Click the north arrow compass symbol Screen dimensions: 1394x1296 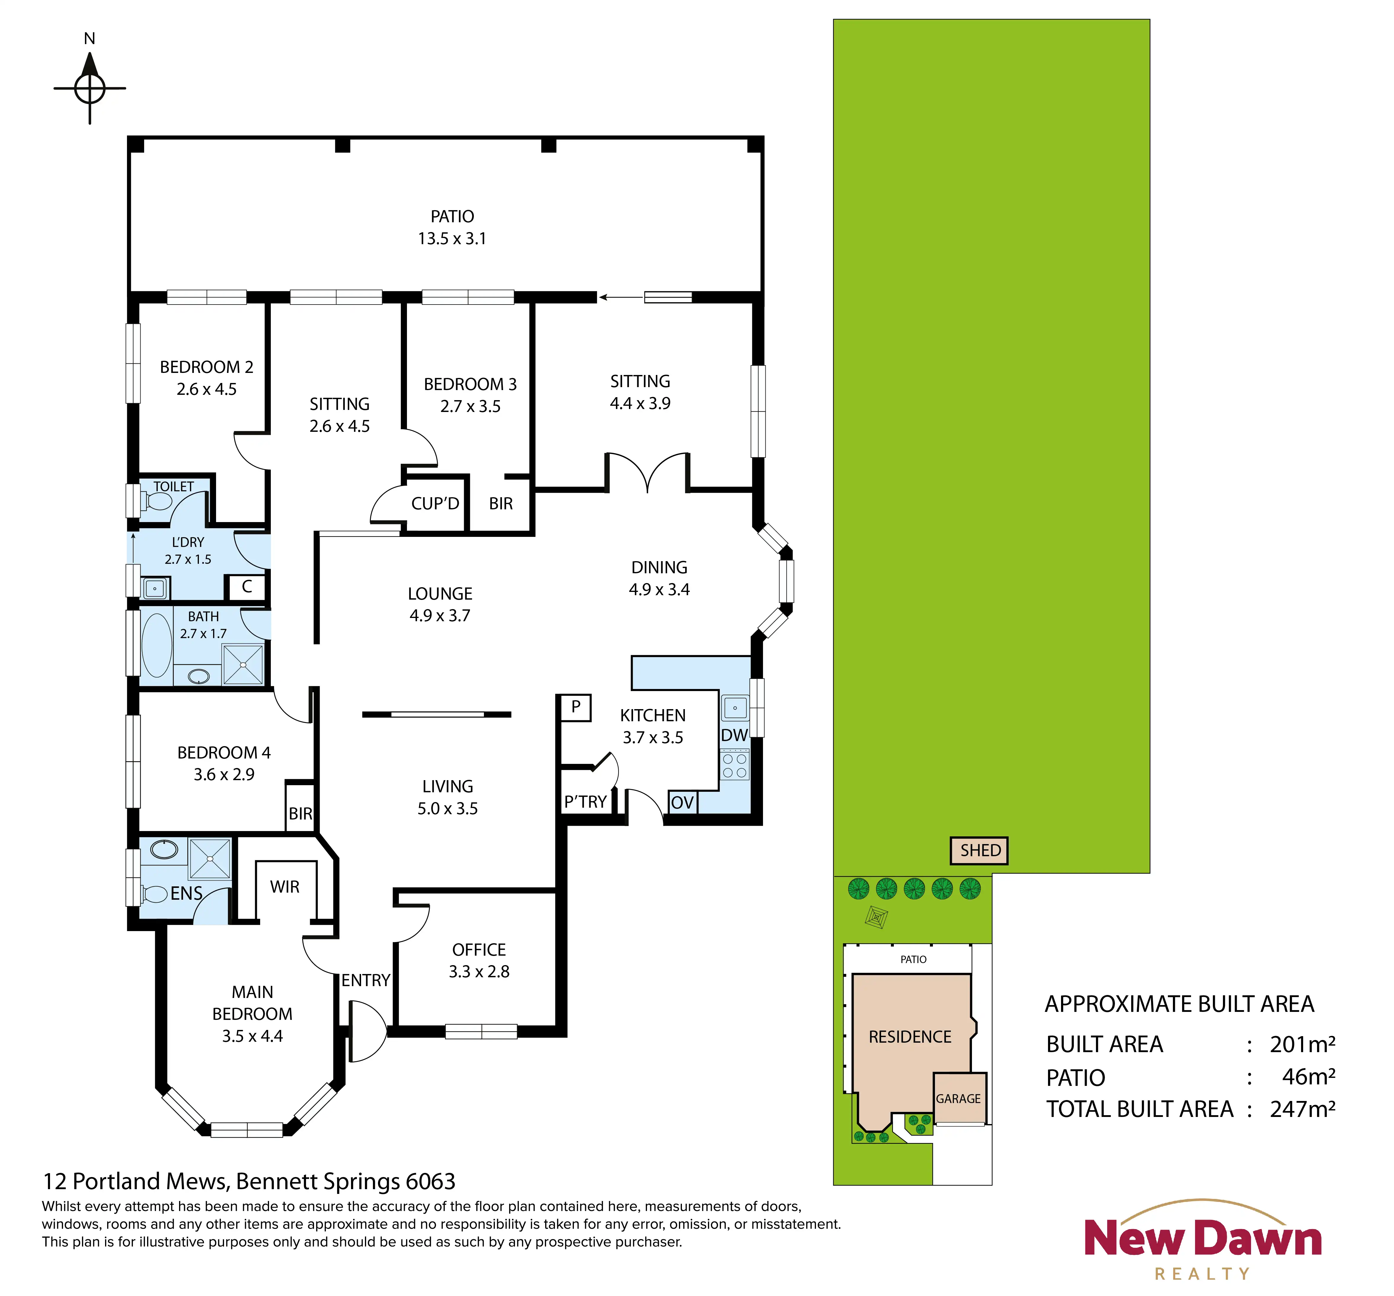click(90, 88)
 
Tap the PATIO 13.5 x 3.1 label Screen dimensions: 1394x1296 click(452, 227)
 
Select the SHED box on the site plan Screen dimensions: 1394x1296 click(980, 851)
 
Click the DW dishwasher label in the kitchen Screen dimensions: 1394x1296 click(734, 735)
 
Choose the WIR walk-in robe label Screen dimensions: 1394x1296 click(285, 887)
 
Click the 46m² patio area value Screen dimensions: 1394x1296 click(1308, 1076)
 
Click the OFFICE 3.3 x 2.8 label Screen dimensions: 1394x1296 click(479, 961)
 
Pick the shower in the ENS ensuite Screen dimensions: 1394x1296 click(210, 858)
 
